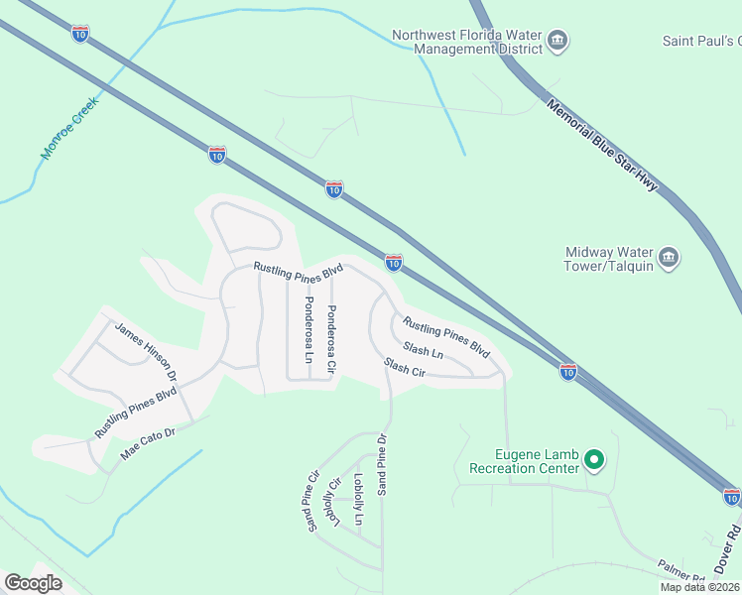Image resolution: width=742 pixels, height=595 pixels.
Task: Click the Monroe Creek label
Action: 72,128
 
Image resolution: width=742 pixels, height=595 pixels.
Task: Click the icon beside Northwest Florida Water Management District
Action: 558,41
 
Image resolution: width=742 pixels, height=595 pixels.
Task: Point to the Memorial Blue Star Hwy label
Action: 602,145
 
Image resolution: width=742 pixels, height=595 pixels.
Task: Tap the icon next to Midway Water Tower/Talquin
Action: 670,259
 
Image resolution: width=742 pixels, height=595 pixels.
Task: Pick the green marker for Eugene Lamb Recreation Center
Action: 594,459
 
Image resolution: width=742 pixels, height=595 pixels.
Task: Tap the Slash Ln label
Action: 423,351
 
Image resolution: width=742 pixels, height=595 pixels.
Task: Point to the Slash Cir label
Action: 404,368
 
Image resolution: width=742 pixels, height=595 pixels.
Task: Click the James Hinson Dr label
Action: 145,352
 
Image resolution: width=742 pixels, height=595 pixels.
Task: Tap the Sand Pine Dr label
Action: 382,464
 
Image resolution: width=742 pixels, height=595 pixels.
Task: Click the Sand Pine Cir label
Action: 313,500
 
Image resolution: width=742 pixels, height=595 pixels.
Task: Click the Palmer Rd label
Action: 680,570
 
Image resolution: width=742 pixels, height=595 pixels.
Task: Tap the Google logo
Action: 33,583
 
